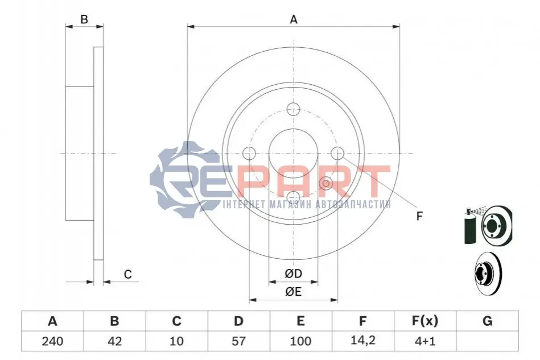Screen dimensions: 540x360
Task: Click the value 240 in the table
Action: coord(52,341)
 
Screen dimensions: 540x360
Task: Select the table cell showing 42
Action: coord(115,341)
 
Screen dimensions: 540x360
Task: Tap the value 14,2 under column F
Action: coord(362,341)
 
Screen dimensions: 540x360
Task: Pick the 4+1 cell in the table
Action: coord(425,341)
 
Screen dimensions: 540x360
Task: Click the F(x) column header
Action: coord(425,321)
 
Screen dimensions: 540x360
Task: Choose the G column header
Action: coord(487,321)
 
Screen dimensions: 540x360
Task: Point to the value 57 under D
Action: coord(238,341)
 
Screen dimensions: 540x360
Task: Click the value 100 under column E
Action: coord(300,341)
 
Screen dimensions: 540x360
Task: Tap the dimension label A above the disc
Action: coord(294,19)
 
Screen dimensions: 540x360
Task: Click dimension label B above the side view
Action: coord(84,19)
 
